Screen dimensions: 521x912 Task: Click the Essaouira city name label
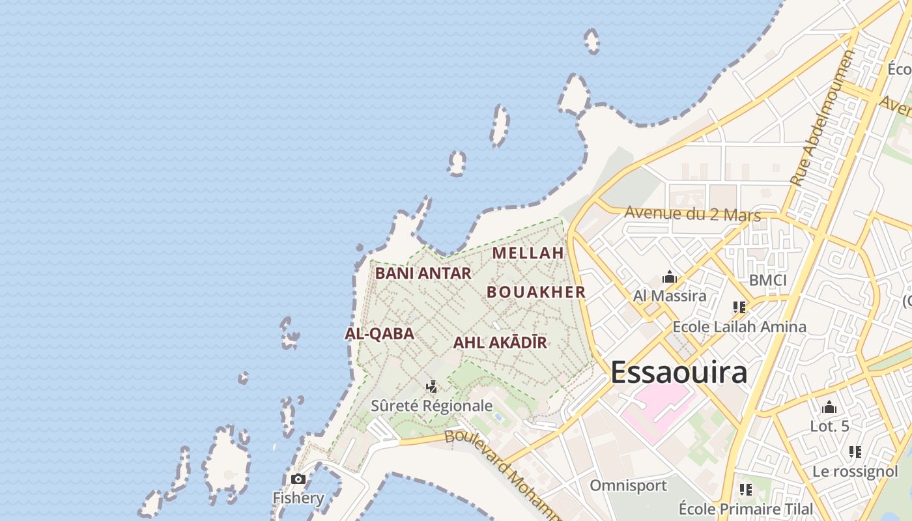679,373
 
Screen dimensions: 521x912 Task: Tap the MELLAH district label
528,253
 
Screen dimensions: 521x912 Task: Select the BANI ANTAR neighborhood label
423,274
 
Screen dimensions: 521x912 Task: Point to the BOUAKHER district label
536,292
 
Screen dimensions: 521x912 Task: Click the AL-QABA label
379,334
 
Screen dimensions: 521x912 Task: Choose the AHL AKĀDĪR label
500,343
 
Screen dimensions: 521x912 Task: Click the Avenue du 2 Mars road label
692,213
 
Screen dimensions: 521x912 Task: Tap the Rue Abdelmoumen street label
821,119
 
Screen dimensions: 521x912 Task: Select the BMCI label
767,280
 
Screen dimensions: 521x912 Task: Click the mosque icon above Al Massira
670,278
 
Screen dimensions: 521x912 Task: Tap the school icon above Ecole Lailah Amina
739,307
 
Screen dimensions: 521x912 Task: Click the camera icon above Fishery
298,479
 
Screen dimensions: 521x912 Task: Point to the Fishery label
298,498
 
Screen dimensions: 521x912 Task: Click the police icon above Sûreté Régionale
431,387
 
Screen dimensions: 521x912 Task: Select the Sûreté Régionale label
432,406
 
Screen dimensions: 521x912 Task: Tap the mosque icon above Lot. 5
829,408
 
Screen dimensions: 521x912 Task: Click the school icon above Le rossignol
855,451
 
